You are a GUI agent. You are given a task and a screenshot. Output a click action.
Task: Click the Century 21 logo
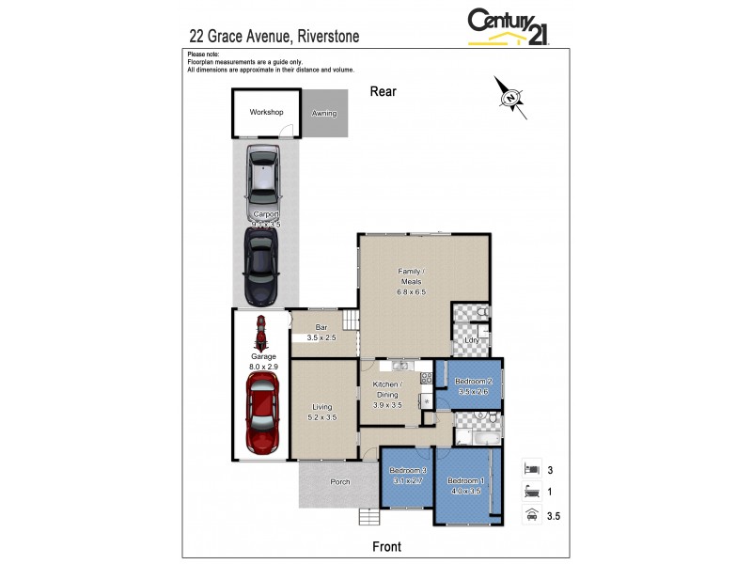509,26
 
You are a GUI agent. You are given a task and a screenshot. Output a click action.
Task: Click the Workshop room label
266,112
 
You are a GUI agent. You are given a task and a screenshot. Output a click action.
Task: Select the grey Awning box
323,114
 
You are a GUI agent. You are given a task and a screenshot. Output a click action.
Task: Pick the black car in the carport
261,266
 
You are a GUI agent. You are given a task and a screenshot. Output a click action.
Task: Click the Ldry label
485,340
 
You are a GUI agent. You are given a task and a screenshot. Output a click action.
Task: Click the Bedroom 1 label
464,485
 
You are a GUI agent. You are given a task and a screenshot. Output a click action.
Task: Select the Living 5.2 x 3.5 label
322,412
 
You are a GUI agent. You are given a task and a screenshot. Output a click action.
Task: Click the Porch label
339,482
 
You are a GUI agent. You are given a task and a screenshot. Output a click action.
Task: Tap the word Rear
384,91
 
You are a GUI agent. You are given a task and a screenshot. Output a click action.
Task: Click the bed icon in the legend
531,467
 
